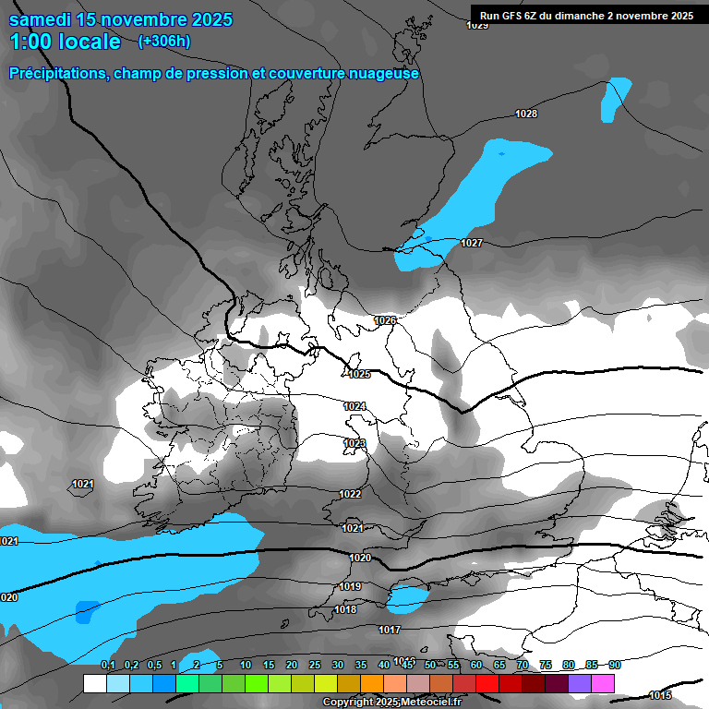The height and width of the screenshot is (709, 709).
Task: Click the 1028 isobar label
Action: click(526, 114)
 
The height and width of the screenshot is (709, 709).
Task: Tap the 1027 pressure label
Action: click(472, 243)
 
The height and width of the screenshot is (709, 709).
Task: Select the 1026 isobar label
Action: click(385, 320)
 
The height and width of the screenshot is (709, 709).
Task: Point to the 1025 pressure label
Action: click(359, 374)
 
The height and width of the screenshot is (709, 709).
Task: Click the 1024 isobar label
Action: click(354, 406)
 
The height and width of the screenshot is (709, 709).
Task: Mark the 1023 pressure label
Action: click(354, 444)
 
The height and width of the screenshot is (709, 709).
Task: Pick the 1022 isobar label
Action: click(350, 494)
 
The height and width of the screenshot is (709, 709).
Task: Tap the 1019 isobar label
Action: click(350, 587)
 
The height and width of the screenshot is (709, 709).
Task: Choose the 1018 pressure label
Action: click(345, 609)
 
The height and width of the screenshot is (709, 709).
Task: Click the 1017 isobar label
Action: click(390, 630)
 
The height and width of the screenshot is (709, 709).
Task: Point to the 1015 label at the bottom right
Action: click(660, 695)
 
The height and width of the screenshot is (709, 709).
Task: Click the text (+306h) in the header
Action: click(163, 41)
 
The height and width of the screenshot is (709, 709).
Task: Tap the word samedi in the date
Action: click(44, 19)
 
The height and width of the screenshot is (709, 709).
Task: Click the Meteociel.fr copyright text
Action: click(391, 703)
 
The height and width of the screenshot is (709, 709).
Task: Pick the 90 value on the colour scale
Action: click(615, 665)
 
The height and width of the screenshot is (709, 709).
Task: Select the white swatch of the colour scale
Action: click(94, 683)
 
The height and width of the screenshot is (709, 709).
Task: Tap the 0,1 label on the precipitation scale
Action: click(108, 665)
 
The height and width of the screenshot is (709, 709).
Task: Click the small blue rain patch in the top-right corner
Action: click(615, 99)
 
